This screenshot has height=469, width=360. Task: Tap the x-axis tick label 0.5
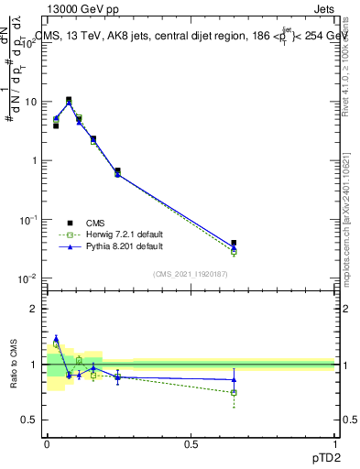click(x=191, y=444)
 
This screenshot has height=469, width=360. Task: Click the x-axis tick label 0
click(x=47, y=444)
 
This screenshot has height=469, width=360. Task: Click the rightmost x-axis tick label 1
click(x=334, y=444)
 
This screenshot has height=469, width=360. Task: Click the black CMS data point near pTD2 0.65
click(x=235, y=244)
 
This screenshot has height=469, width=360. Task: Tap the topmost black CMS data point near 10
click(x=69, y=100)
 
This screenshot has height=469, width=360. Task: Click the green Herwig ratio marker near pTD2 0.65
click(x=235, y=392)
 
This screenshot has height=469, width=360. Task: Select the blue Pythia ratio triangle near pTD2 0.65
click(x=235, y=379)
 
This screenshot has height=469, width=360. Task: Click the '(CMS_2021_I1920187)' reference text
click(x=190, y=273)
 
